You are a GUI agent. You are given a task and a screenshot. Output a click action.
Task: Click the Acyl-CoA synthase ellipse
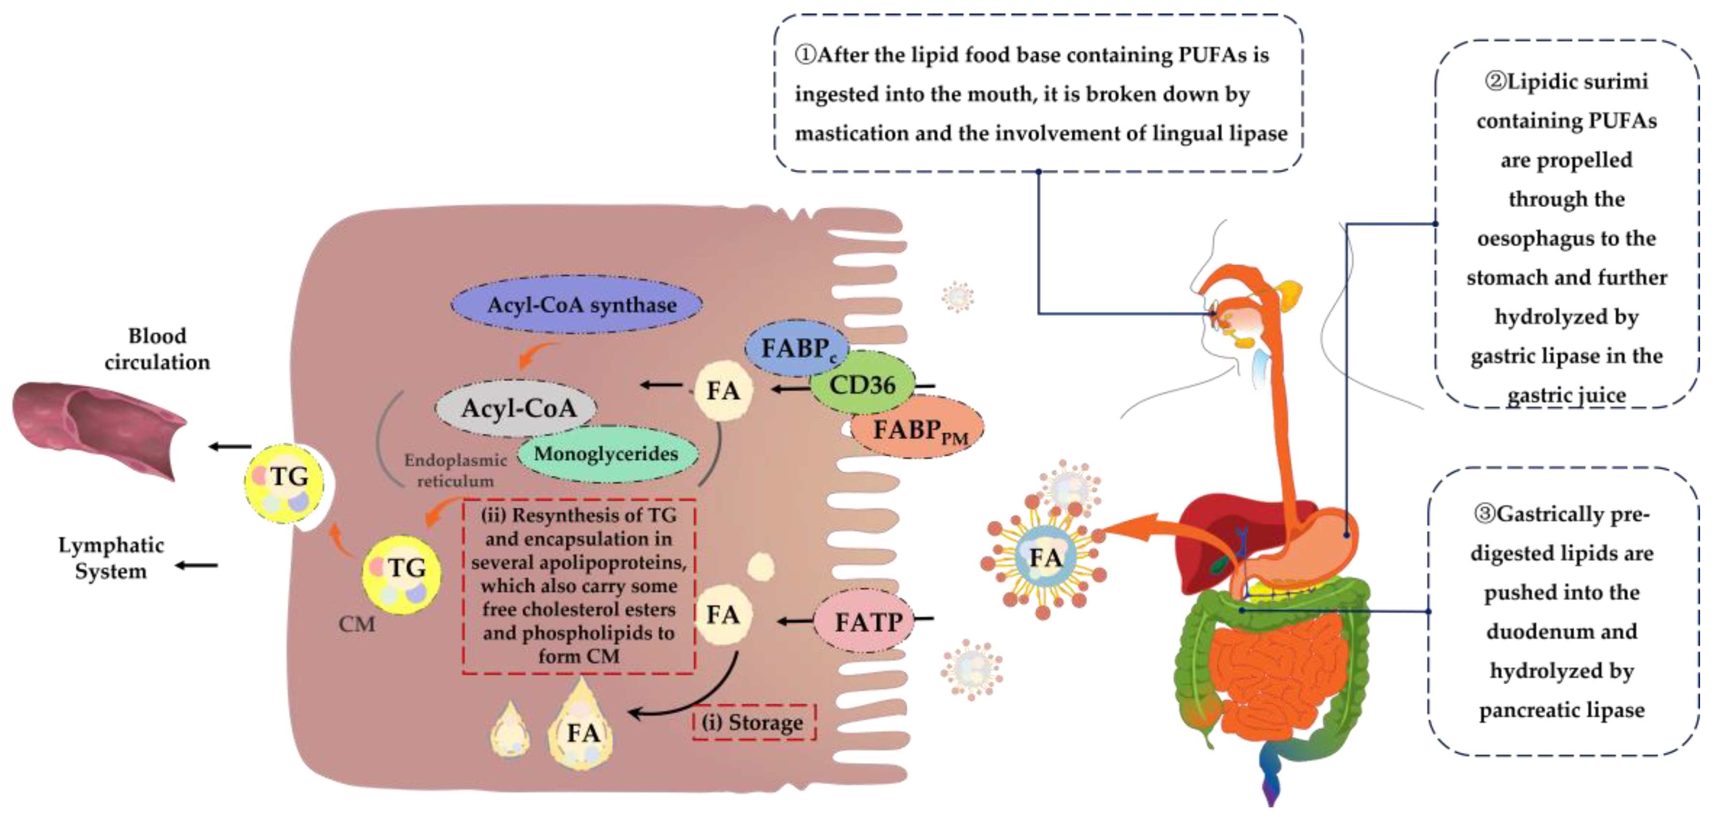(x=577, y=305)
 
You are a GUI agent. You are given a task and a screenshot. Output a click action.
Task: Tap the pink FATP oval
(x=867, y=622)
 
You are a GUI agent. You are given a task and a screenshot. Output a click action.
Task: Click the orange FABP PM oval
(x=918, y=429)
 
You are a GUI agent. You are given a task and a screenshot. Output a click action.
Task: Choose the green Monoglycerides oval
(x=606, y=454)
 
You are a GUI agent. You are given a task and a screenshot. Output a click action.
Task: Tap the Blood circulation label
(x=157, y=349)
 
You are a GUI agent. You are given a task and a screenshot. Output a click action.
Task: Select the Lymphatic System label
(x=111, y=558)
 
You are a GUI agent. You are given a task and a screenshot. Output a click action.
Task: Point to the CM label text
(x=356, y=624)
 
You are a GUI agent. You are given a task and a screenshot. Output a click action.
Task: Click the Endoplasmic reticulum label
(x=455, y=470)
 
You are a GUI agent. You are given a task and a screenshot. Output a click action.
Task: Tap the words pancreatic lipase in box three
(x=1561, y=710)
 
